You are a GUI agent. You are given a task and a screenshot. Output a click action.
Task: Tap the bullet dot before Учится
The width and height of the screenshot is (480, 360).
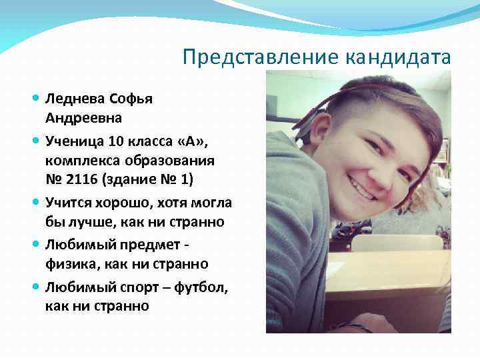tap(35, 202)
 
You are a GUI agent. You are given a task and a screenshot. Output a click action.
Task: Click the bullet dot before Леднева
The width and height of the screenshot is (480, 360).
tap(35, 99)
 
